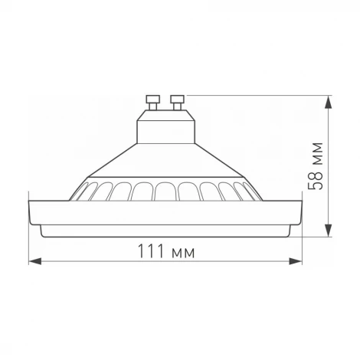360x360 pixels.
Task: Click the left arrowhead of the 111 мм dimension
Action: [x=33, y=260]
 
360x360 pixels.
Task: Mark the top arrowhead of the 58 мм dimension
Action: [x=329, y=100]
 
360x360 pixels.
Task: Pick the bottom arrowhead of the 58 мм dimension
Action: [x=329, y=233]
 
